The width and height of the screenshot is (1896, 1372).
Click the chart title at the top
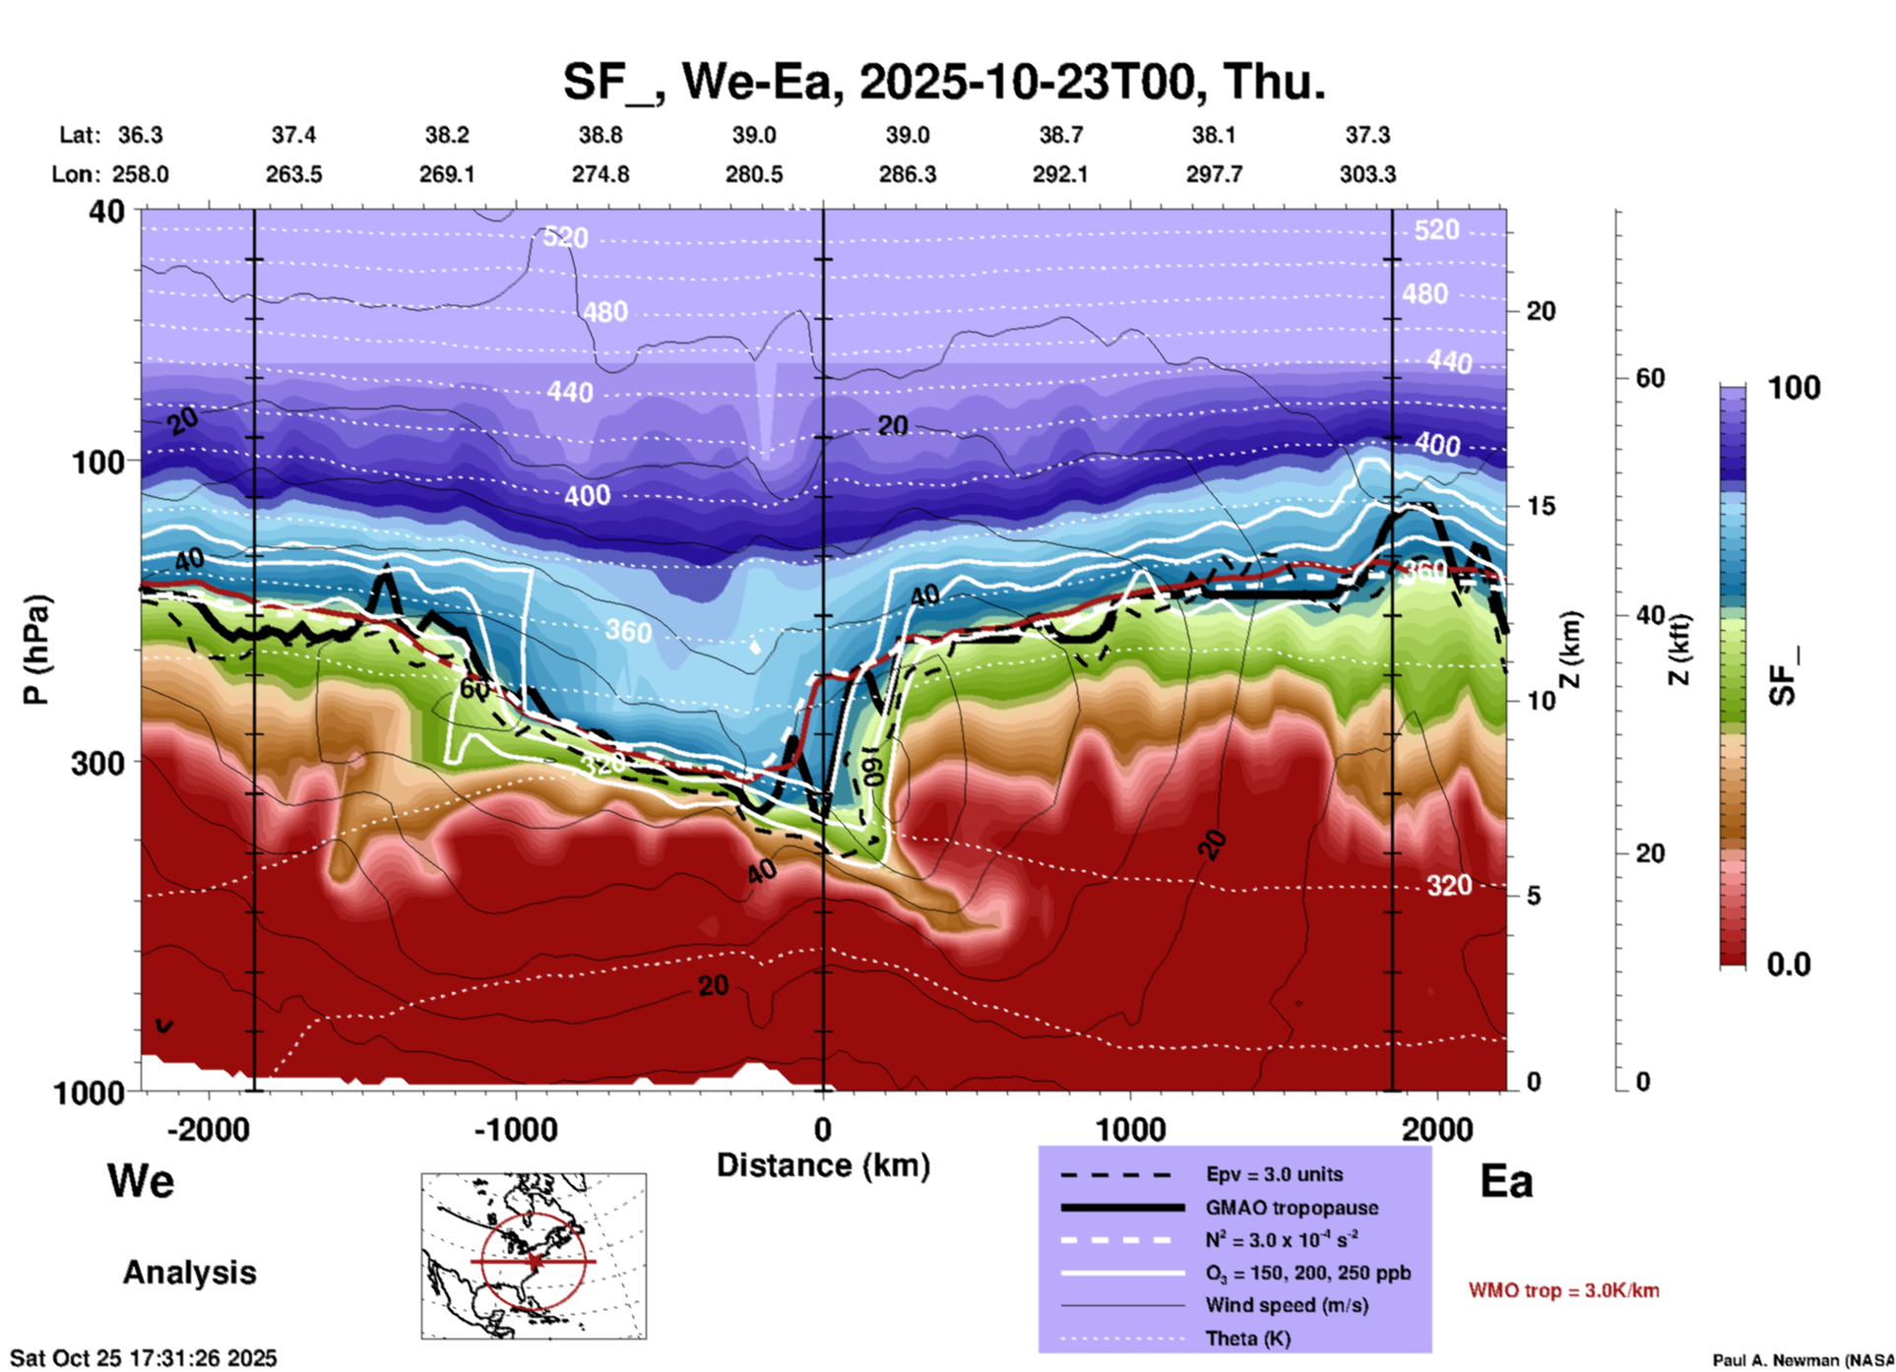(944, 81)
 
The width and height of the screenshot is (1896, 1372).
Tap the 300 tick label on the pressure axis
(97, 763)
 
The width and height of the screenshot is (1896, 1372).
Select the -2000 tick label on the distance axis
(208, 1129)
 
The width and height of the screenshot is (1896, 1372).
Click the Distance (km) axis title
(823, 1165)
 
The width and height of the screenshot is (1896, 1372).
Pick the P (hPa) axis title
(36, 650)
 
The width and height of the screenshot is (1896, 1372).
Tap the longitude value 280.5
(754, 174)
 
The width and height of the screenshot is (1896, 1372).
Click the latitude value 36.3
(140, 135)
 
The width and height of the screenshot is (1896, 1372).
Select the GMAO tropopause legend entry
(1292, 1208)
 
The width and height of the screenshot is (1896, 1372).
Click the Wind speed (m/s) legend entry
(1287, 1305)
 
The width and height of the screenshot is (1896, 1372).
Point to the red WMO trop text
(1563, 1290)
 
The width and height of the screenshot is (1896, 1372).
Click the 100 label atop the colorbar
(1794, 388)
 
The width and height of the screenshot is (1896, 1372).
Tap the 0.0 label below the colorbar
(1789, 965)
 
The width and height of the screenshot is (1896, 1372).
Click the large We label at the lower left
(141, 1180)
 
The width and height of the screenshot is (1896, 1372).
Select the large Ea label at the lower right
(1506, 1181)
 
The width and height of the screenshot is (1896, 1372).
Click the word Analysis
(189, 1273)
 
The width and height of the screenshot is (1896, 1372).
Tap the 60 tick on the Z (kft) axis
(1650, 378)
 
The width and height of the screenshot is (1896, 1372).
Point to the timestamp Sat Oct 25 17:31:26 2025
(144, 1358)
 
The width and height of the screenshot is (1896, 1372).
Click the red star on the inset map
(535, 1261)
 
